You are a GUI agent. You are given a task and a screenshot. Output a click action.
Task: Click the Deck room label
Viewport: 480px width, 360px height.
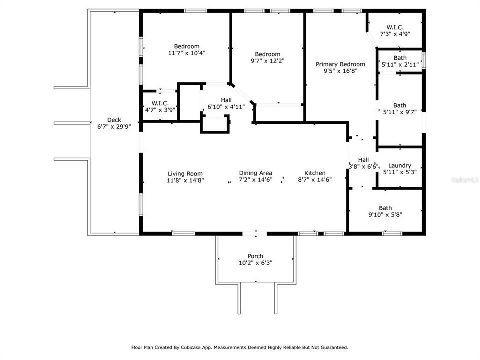tap(114, 120)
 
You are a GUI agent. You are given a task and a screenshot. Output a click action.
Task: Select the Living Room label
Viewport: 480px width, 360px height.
tap(185, 173)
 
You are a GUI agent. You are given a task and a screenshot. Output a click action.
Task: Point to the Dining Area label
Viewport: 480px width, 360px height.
tap(255, 173)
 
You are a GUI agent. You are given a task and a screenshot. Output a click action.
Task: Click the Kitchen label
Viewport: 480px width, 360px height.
tap(315, 173)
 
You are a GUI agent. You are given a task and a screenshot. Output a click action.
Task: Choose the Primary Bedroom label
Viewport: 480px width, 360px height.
tap(340, 64)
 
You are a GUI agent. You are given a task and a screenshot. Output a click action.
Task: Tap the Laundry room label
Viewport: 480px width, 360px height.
tap(399, 166)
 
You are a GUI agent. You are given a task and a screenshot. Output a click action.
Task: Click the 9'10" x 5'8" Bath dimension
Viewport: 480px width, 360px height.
tap(385, 215)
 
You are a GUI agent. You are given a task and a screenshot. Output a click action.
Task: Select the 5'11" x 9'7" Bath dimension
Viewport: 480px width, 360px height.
tap(399, 112)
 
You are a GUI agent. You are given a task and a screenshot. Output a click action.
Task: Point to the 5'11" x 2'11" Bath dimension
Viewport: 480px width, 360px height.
tap(399, 65)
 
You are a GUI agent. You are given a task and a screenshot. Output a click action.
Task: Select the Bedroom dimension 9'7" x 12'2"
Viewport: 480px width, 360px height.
tap(268, 61)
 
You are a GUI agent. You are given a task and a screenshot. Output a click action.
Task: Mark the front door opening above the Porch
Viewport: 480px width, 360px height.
tap(255, 233)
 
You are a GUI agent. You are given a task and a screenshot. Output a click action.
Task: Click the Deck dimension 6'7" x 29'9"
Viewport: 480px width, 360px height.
tap(114, 127)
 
